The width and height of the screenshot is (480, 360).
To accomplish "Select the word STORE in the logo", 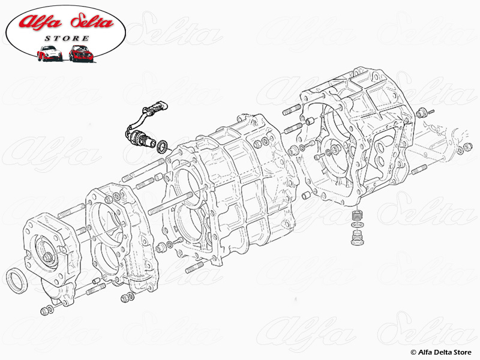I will click(x=66, y=38).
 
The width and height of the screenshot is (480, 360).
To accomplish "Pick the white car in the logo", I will click(x=49, y=54).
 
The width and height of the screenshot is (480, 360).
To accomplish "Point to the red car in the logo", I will click(x=80, y=53).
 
